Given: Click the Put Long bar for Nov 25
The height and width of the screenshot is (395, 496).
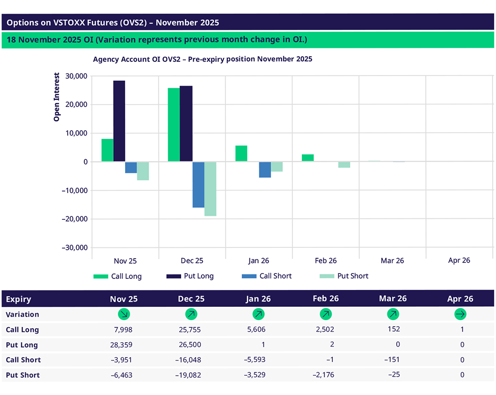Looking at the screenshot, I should (x=119, y=121).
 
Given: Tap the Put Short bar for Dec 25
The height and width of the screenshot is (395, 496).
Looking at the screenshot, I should (x=210, y=189).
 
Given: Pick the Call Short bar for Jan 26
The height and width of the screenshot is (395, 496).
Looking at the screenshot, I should (x=265, y=169).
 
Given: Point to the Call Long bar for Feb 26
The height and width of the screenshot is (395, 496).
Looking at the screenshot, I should (x=308, y=158).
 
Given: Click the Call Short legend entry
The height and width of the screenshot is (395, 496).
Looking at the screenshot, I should (x=266, y=276).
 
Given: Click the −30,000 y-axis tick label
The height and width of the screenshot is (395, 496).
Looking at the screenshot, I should (x=73, y=247).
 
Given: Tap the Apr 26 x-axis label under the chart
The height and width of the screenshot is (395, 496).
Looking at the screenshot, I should (x=459, y=260).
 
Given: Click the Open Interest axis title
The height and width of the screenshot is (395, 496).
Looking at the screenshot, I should (x=57, y=97).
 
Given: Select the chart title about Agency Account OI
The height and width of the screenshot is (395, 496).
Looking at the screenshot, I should (x=202, y=59).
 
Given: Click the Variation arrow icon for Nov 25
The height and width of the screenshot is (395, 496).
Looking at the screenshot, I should (x=124, y=315).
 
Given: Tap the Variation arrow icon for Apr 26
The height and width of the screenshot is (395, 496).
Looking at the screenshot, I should (x=460, y=315).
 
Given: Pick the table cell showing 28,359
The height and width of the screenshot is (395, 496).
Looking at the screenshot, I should (x=122, y=345).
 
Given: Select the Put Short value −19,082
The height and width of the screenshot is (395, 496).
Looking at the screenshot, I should (x=188, y=375).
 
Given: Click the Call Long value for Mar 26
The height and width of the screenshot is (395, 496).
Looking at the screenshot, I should (x=394, y=330).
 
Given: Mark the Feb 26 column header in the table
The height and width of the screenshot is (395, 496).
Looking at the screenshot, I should (x=326, y=299).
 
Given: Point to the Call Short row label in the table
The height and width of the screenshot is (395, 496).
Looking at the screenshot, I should (x=23, y=360).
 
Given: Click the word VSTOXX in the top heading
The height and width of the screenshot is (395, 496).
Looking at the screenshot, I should (x=68, y=22).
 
